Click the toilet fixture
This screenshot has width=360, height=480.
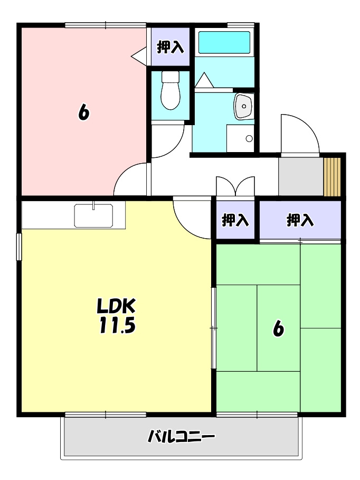[170, 90]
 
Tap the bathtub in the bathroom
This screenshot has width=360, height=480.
[224, 43]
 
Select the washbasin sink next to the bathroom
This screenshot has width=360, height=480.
[243, 106]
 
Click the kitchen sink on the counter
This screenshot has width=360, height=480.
[93, 215]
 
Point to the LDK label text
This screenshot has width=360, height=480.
[116, 306]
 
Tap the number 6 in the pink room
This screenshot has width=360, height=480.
[83, 112]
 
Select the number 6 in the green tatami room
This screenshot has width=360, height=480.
[278, 329]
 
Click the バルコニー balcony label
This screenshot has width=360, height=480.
[181, 436]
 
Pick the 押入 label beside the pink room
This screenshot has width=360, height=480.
[170, 47]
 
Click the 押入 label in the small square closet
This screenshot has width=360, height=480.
[235, 220]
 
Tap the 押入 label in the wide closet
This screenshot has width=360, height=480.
[300, 220]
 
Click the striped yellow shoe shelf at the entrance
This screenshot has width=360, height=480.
[332, 176]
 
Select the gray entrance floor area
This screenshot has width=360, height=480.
[301, 176]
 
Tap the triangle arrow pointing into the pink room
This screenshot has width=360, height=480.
[139, 56]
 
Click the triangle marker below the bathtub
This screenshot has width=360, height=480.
[204, 80]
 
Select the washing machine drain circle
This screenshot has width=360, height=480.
[249, 139]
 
